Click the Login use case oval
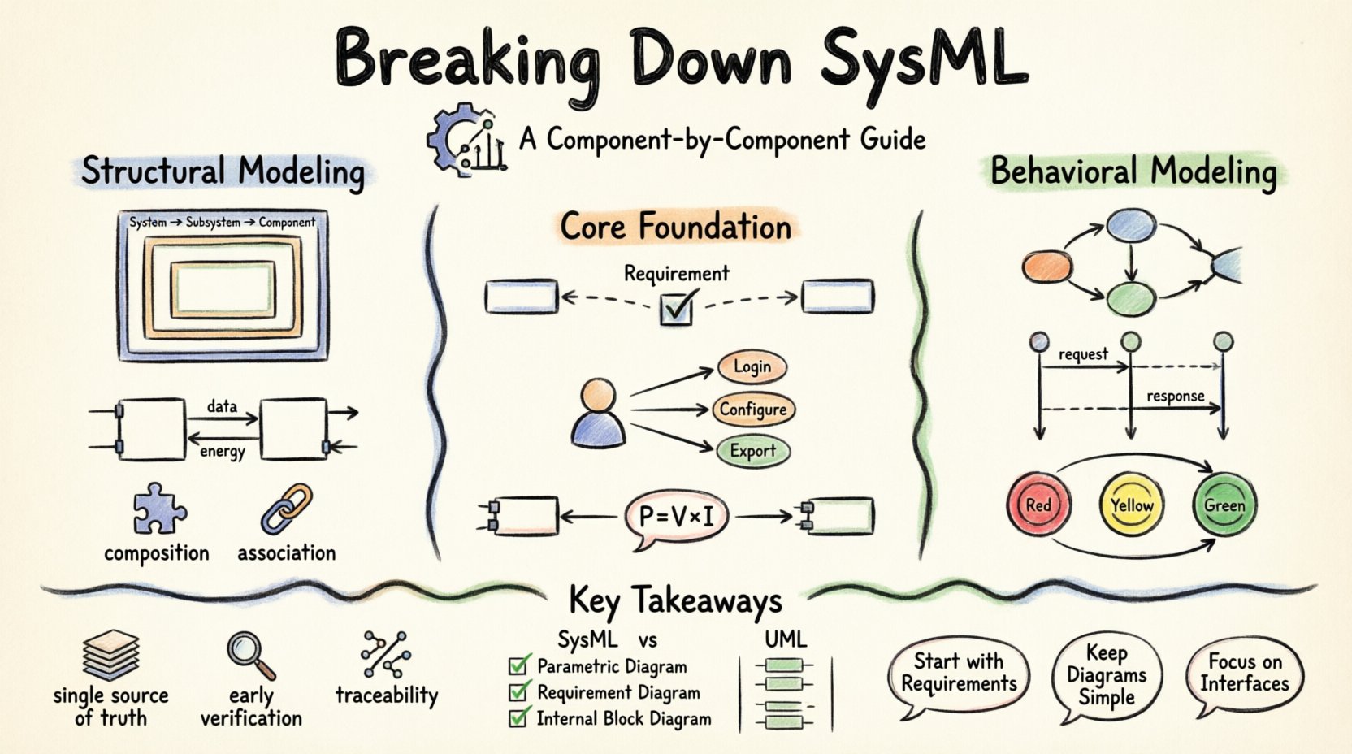pyautogui.click(x=752, y=366)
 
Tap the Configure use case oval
pyautogui.click(x=752, y=409)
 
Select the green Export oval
pyautogui.click(x=752, y=451)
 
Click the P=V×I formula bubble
pyautogui.click(x=676, y=517)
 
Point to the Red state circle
pyautogui.click(x=1038, y=505)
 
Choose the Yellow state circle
pyautogui.click(x=1131, y=505)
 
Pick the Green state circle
pyautogui.click(x=1224, y=505)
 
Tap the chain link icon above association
pyautogui.click(x=286, y=509)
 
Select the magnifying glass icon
pyautogui.click(x=249, y=655)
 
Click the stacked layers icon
pyautogui.click(x=111, y=655)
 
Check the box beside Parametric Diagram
pyautogui.click(x=518, y=666)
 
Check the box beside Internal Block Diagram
pyautogui.click(x=518, y=718)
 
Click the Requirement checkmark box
pyautogui.click(x=676, y=309)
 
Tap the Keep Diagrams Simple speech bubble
pyautogui.click(x=1106, y=676)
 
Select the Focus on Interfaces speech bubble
pyautogui.click(x=1244, y=674)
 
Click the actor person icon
pyautogui.click(x=599, y=414)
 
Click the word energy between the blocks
pyautogui.click(x=222, y=451)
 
